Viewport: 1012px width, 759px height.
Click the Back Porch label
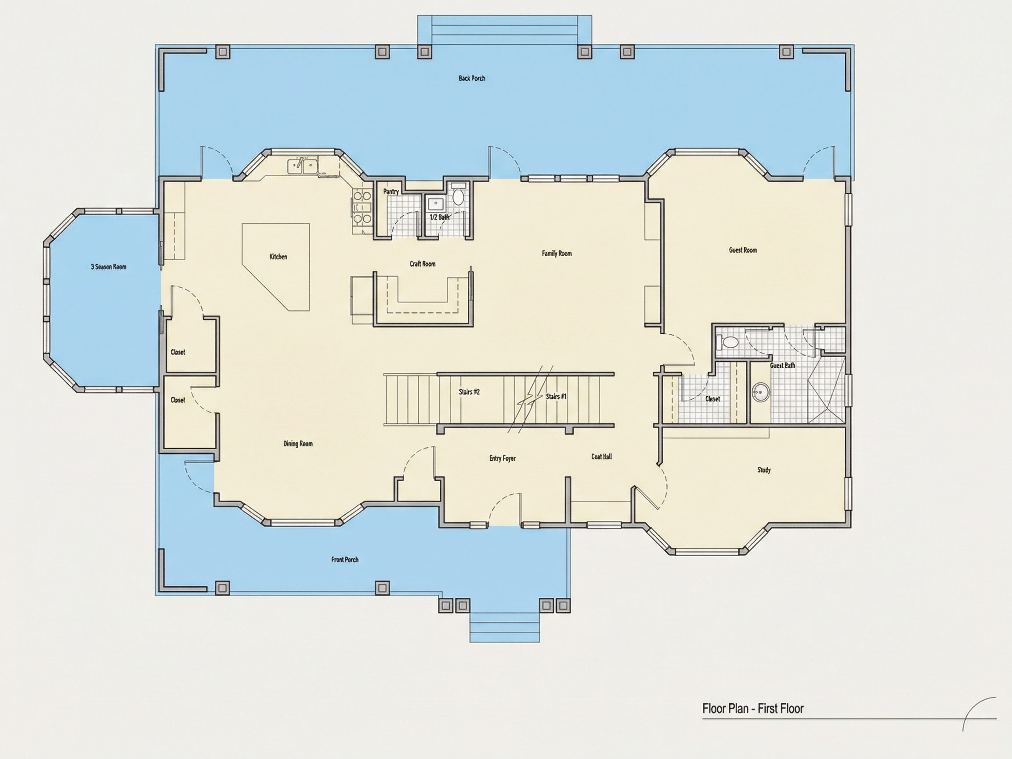pyautogui.click(x=472, y=78)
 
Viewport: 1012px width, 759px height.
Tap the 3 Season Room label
pyautogui.click(x=108, y=267)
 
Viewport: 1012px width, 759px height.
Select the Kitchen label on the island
pyautogui.click(x=278, y=257)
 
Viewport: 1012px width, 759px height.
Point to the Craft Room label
pyautogui.click(x=422, y=264)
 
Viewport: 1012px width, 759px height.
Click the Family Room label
pyautogui.click(x=557, y=253)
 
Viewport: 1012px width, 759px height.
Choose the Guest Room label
pyautogui.click(x=743, y=250)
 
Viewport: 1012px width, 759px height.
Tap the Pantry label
pyautogui.click(x=391, y=192)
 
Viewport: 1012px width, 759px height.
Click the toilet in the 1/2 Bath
pyautogui.click(x=458, y=197)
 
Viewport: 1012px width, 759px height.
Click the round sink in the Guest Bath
pyautogui.click(x=761, y=392)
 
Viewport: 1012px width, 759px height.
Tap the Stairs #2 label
pyautogui.click(x=469, y=392)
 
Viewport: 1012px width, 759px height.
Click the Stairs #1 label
pyautogui.click(x=556, y=396)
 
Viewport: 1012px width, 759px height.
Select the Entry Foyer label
pyautogui.click(x=502, y=458)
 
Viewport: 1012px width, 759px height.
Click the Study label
pyautogui.click(x=764, y=470)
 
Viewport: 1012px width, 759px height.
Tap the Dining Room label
pyautogui.click(x=298, y=443)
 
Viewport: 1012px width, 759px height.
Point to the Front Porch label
pyautogui.click(x=345, y=560)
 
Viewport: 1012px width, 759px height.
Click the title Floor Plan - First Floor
pyautogui.click(x=753, y=708)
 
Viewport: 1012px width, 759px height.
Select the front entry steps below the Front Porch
pyautogui.click(x=505, y=626)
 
